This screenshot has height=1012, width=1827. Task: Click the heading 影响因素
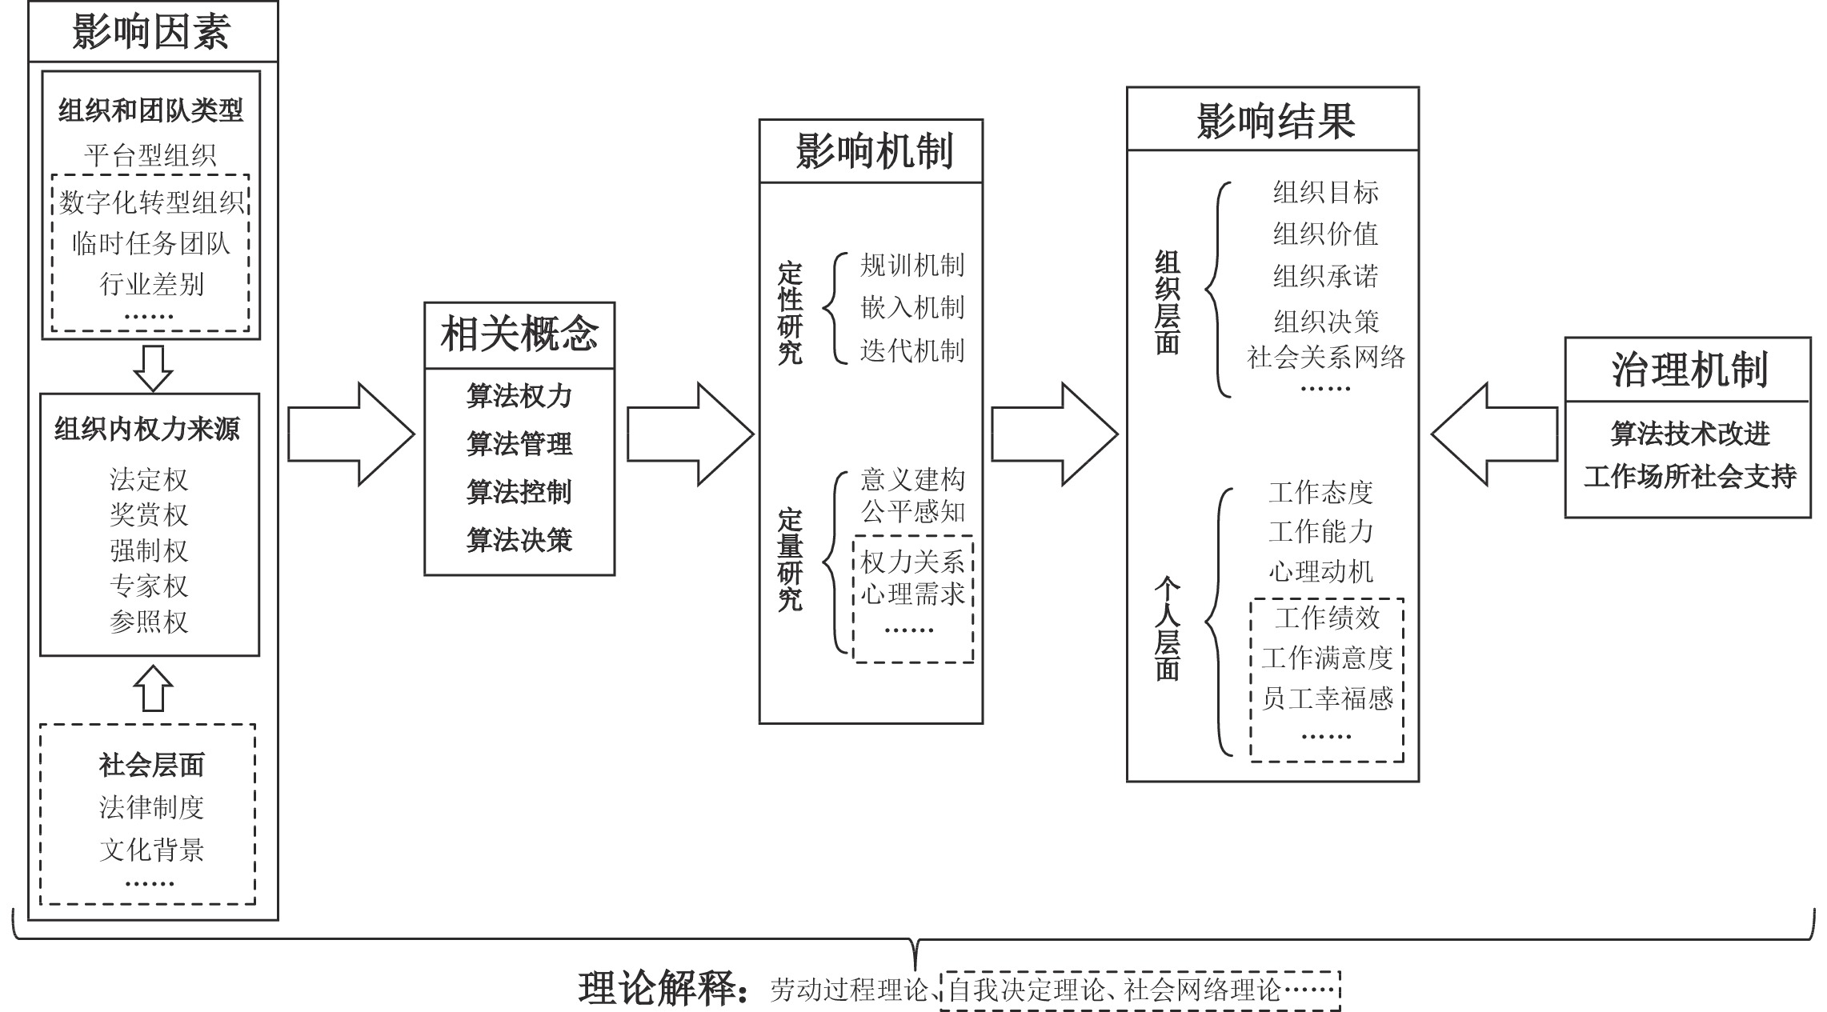tap(151, 31)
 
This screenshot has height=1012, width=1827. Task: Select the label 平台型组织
tap(150, 155)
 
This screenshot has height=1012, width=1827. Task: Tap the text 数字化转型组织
tap(151, 202)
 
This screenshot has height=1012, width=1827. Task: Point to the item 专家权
tap(149, 586)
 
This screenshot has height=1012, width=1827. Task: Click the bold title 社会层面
tap(151, 766)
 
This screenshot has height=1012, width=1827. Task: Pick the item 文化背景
tap(151, 849)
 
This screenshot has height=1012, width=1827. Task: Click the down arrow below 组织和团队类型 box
tap(153, 368)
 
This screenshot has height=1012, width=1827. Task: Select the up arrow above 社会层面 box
tap(153, 688)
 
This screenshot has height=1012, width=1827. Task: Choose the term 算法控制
tap(519, 492)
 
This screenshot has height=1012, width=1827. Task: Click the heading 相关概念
tap(519, 334)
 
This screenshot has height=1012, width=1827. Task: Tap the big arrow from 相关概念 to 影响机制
tap(690, 434)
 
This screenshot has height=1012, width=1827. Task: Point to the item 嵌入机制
tap(912, 307)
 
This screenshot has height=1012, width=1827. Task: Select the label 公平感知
tap(912, 511)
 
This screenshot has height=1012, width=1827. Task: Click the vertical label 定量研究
tap(790, 560)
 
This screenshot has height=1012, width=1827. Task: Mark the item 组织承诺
tap(1325, 276)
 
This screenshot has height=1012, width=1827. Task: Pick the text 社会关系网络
tap(1325, 357)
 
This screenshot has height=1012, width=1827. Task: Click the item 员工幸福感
tap(1327, 698)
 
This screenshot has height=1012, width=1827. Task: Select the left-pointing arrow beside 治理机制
tap(1494, 434)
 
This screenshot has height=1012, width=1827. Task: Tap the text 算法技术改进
tap(1689, 434)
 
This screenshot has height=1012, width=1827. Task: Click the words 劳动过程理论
tap(848, 990)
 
